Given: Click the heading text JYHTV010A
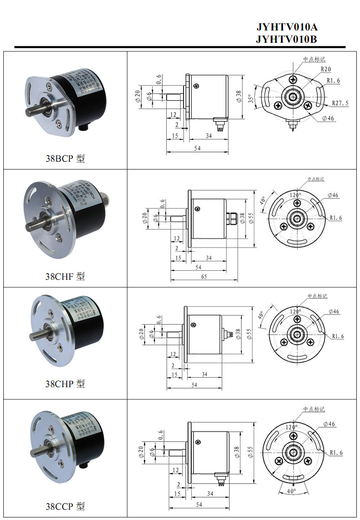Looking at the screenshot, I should [286, 27].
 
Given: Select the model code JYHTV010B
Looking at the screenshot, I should [286, 39].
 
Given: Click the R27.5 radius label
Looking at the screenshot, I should [340, 103].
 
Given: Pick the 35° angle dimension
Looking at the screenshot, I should [251, 98].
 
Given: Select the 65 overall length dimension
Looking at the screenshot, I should [203, 277].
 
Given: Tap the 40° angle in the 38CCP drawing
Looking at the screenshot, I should [292, 491].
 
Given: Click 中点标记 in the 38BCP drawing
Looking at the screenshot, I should [314, 59].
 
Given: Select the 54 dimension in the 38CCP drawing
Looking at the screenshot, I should [199, 505].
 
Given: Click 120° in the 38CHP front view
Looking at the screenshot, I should [295, 311].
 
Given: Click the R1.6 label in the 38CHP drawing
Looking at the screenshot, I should [338, 336].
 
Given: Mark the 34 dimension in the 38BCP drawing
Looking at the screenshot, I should [209, 135].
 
